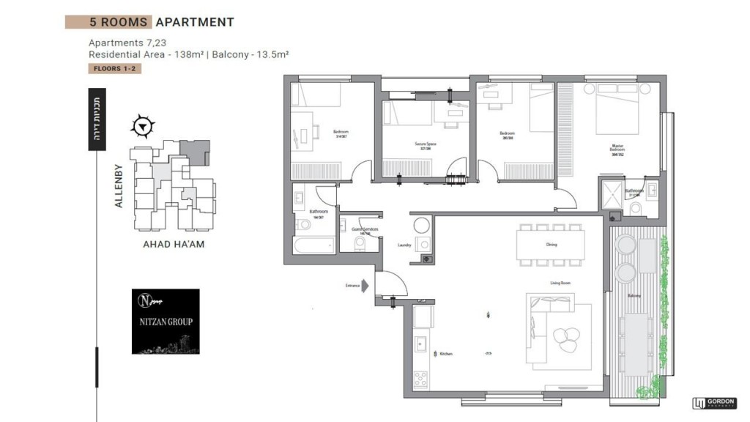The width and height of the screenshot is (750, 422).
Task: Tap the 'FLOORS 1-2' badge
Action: click(114, 69)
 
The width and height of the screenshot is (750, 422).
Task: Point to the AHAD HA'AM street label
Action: click(174, 244)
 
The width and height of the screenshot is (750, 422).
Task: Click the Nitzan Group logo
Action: click(166, 321)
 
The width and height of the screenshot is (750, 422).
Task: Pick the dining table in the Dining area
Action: click(550, 244)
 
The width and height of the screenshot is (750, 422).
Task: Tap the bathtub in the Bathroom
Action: click(313, 245)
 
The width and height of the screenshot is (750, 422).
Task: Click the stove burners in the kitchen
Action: click(421, 379)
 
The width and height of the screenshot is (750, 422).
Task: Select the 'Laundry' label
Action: click(403, 245)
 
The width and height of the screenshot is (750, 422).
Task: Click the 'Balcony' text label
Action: click(634, 296)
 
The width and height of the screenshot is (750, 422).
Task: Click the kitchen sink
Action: click(420, 343)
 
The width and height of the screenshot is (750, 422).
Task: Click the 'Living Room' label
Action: click(560, 282)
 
